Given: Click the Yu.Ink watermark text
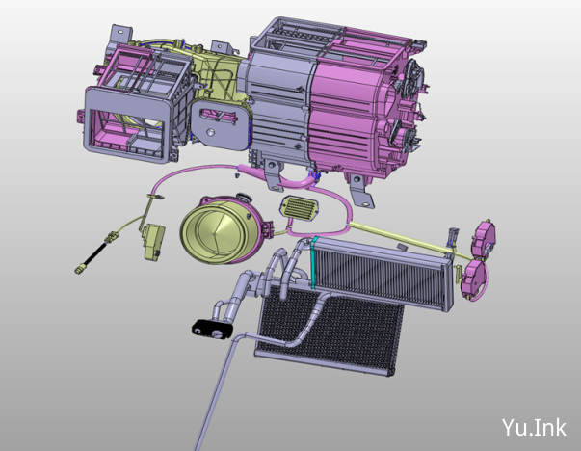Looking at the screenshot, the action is click(x=534, y=427).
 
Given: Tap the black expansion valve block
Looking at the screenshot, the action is click(x=212, y=329).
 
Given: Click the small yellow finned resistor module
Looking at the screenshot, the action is click(x=300, y=208).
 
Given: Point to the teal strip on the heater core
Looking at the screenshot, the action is click(x=314, y=261).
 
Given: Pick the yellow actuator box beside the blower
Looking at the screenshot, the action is click(x=154, y=242).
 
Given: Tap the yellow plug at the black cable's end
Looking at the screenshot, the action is click(x=79, y=270).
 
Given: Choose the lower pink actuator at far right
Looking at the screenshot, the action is click(x=473, y=276).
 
